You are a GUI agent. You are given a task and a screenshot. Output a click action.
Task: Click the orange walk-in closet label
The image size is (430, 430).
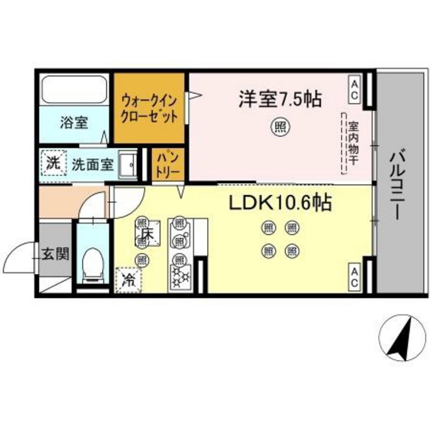pyautogui.click(x=149, y=109)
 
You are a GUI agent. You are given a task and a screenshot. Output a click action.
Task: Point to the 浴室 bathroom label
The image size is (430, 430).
pyautogui.click(x=74, y=123)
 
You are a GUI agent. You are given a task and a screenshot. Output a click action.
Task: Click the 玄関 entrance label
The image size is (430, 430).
pyautogui.click(x=56, y=253)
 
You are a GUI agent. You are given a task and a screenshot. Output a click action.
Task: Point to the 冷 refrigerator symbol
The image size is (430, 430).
pyautogui.click(x=127, y=277)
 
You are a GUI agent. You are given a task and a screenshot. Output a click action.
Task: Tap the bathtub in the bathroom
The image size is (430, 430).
pyautogui.click(x=75, y=92)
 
